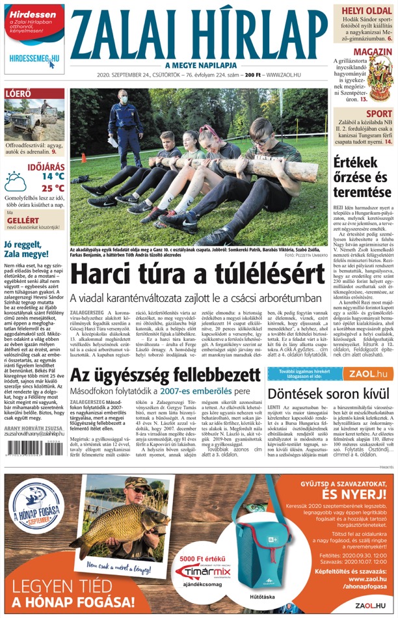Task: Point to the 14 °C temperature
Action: pyautogui.click(x=53, y=176)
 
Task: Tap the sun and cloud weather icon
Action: pyautogui.click(x=16, y=181)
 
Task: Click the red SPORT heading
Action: pyautogui.click(x=378, y=114)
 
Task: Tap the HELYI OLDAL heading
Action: pyautogui.click(x=364, y=10)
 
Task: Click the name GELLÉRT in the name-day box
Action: pyautogui.click(x=18, y=220)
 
